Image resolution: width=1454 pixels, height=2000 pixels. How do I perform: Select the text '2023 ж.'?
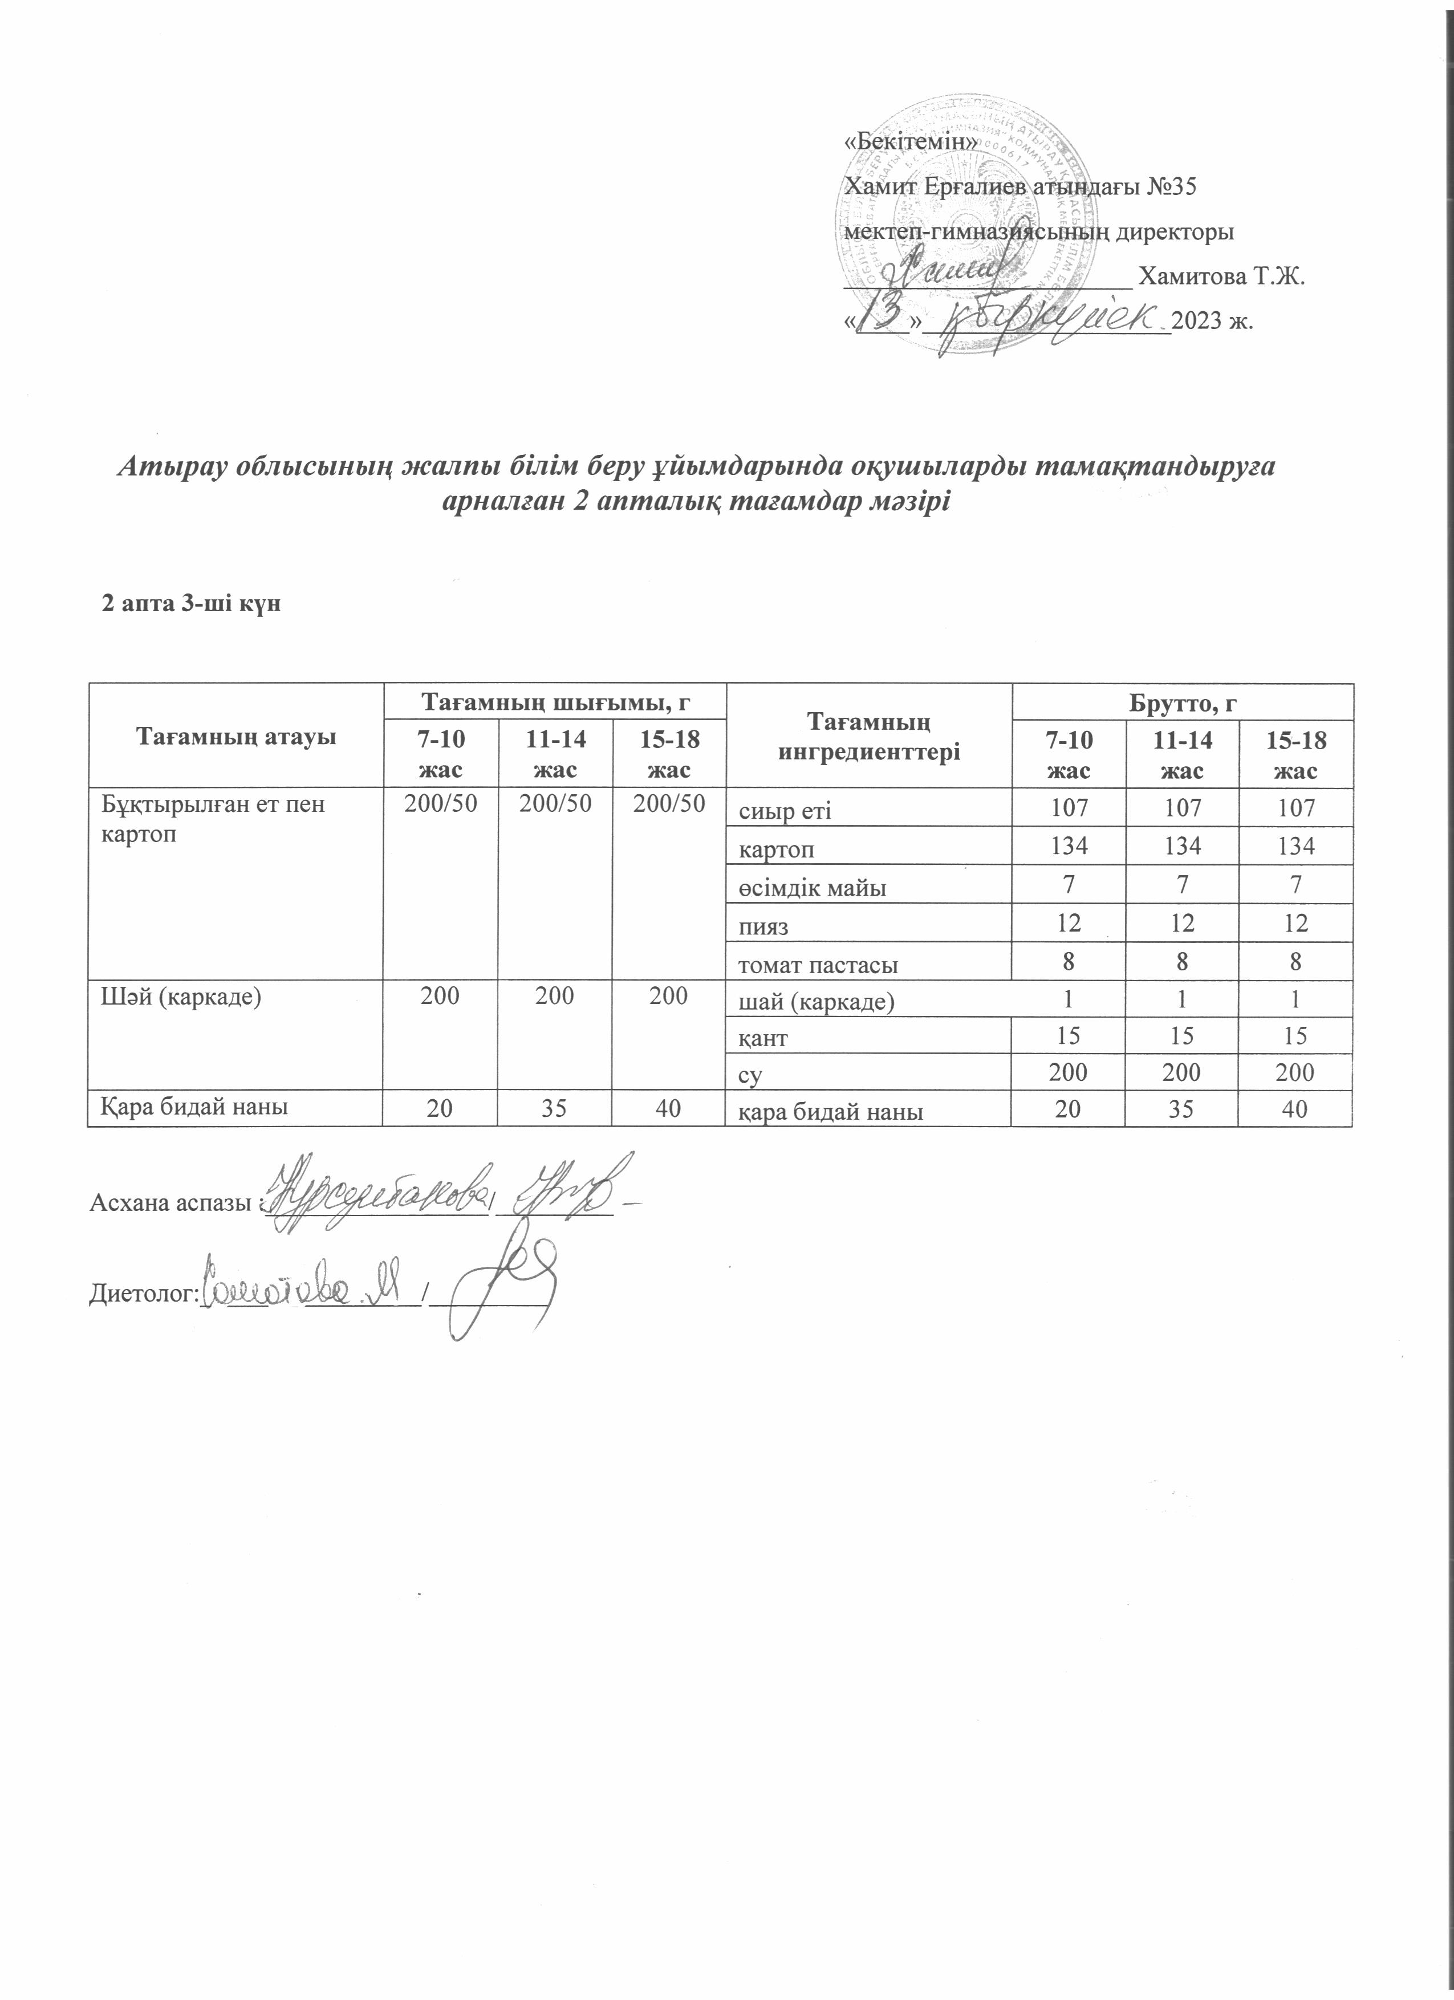coord(1212,321)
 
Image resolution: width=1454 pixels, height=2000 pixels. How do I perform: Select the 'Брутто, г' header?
coord(1181,703)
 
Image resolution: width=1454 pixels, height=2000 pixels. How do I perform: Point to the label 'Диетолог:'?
coord(141,1294)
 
